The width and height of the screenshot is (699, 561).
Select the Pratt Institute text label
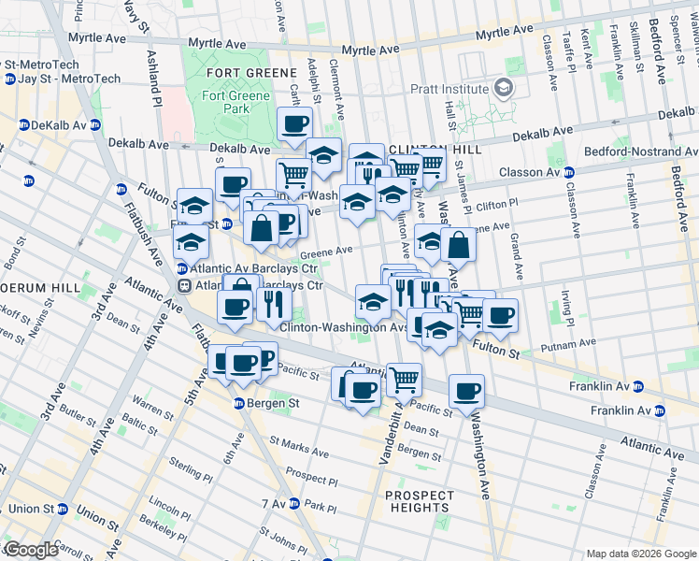pyautogui.click(x=449, y=89)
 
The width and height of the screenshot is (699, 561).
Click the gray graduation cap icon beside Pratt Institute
pyautogui.click(x=505, y=89)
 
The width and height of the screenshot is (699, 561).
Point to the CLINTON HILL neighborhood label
pyautogui.click(x=434, y=150)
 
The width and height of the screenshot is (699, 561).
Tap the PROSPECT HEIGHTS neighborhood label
pyautogui.click(x=420, y=501)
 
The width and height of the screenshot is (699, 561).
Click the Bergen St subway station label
pyautogui.click(x=265, y=402)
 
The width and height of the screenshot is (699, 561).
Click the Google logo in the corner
pyautogui.click(x=30, y=550)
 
